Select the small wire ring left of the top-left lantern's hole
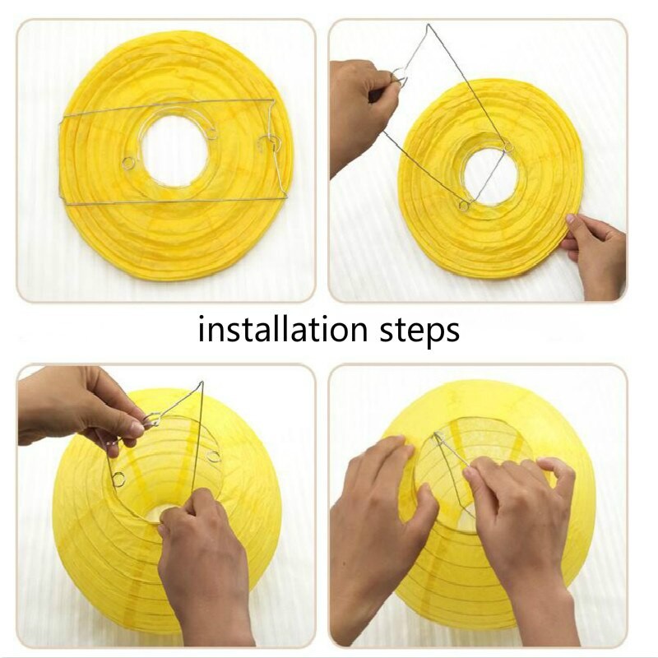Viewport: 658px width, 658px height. [129, 163]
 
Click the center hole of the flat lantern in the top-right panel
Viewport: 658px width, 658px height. [490, 177]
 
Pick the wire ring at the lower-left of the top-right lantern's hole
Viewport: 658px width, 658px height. [465, 205]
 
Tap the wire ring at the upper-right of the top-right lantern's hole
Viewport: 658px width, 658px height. [507, 147]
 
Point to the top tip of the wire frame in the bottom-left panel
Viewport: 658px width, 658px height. [201, 384]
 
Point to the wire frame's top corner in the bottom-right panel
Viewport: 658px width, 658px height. [437, 435]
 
